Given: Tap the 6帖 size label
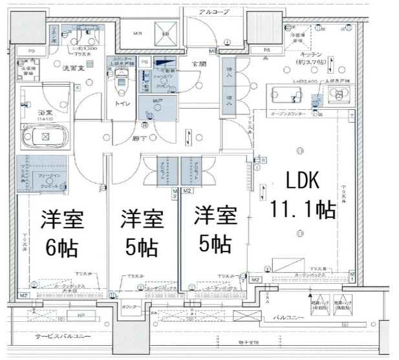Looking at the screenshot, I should [61, 246].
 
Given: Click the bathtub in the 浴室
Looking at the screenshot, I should [45, 136].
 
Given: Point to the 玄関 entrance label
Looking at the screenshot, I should [198, 63].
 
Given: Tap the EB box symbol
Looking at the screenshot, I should [166, 34].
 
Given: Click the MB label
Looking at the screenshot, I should [137, 34].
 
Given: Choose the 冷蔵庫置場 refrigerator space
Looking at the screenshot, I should [298, 37].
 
